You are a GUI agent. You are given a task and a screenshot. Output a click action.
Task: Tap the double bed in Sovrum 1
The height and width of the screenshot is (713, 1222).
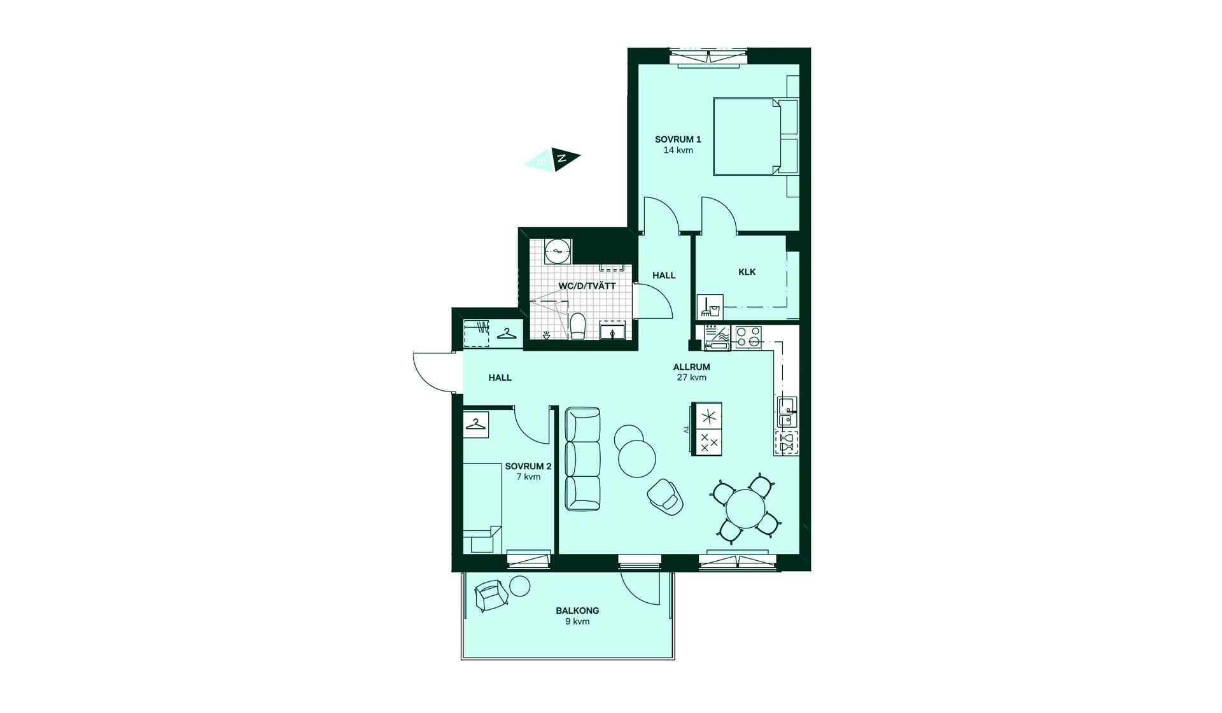pyautogui.click(x=755, y=136)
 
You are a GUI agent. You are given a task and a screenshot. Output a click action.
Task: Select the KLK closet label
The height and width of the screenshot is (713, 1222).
pyautogui.click(x=747, y=272)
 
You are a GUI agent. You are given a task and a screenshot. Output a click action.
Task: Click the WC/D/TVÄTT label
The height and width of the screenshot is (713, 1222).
pyautogui.click(x=587, y=286)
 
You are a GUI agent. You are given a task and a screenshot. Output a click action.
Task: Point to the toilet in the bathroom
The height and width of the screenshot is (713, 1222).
pyautogui.click(x=578, y=326)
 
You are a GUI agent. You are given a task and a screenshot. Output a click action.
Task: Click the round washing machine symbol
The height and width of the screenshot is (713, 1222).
pyautogui.click(x=558, y=251)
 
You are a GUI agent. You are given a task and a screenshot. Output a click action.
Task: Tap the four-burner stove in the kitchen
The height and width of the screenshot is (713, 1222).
pyautogui.click(x=748, y=337)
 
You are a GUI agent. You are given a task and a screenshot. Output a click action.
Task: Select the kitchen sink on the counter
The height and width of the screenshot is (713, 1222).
pyautogui.click(x=787, y=411)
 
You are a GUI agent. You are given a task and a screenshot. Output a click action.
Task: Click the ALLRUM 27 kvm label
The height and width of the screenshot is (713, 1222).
pyautogui.click(x=691, y=372)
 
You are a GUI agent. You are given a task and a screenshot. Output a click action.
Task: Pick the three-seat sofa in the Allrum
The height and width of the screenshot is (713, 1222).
pyautogui.click(x=583, y=459)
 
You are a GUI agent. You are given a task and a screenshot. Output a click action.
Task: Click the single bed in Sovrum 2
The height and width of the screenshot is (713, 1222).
pyautogui.click(x=482, y=508)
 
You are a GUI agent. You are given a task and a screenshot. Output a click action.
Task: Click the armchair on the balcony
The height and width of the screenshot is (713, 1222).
pyautogui.click(x=491, y=596)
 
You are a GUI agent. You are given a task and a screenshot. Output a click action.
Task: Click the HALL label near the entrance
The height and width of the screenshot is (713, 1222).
pyautogui.click(x=500, y=378)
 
